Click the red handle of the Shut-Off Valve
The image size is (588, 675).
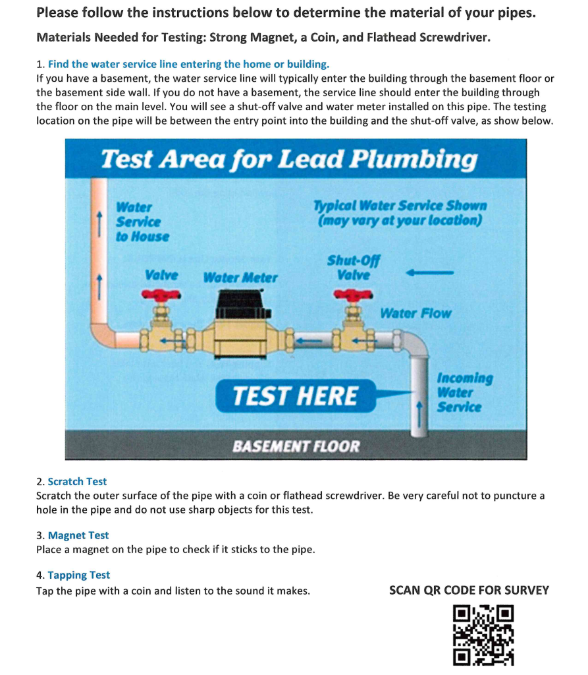click(354, 295)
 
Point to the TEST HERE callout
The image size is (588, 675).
click(296, 396)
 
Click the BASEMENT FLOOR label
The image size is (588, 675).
click(296, 446)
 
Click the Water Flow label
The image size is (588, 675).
click(415, 313)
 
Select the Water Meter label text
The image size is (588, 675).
click(240, 278)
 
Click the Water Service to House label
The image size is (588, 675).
click(142, 221)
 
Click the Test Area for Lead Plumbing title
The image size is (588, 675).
click(289, 159)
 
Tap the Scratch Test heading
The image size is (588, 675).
click(77, 481)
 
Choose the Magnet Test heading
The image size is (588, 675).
click(78, 535)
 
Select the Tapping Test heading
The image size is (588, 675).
click(79, 575)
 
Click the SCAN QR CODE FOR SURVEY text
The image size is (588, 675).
click(469, 590)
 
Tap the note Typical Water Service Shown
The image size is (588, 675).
click(400, 212)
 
